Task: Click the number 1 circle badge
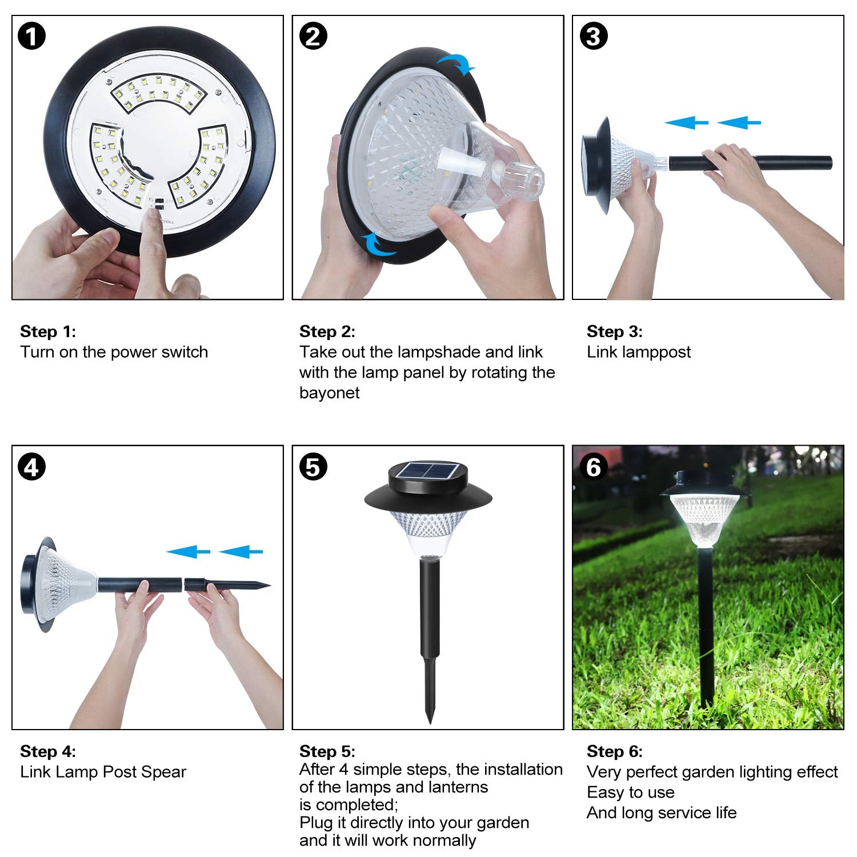[31, 37]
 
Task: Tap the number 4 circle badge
[31, 467]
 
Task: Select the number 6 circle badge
[594, 467]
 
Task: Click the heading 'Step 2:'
[327, 331]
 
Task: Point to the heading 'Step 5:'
[327, 751]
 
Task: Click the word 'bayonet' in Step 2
[330, 393]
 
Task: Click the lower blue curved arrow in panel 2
[377, 246]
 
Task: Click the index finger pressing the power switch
[152, 229]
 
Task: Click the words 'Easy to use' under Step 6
[630, 792]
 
